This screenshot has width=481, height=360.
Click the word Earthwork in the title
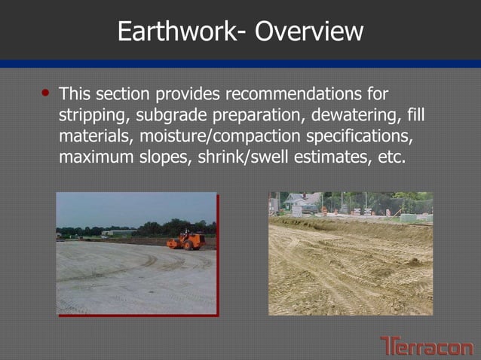177,31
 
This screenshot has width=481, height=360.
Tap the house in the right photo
301,202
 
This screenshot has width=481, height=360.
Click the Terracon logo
426,346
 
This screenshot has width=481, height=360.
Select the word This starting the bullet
74,95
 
